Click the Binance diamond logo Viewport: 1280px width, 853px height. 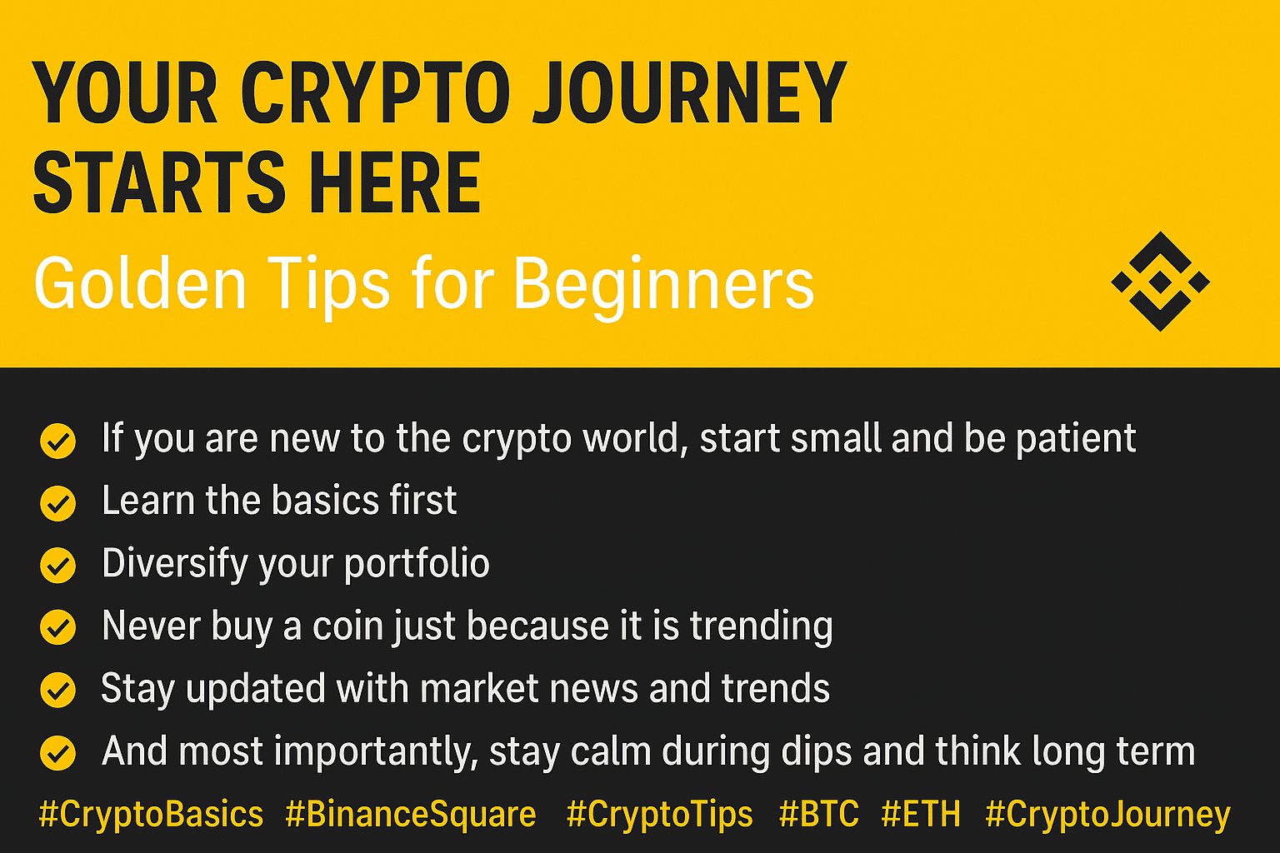tap(1160, 281)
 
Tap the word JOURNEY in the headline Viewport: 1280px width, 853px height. tap(690, 92)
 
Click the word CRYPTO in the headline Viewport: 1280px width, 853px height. tap(374, 92)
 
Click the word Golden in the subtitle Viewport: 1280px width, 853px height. tap(140, 283)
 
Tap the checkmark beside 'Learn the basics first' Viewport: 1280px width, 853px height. tap(57, 503)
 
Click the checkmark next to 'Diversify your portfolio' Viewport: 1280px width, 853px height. tap(57, 566)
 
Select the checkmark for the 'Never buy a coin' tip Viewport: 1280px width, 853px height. tap(57, 627)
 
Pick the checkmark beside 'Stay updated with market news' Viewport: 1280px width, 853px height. tap(57, 690)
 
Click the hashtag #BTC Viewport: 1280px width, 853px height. tap(819, 814)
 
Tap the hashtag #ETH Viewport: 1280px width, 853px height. tap(921, 814)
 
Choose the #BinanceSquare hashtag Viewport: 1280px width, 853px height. tap(410, 815)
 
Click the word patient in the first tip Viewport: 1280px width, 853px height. tap(1076, 439)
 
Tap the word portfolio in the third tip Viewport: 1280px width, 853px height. tap(417, 565)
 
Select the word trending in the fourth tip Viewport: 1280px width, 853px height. tap(761, 627)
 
